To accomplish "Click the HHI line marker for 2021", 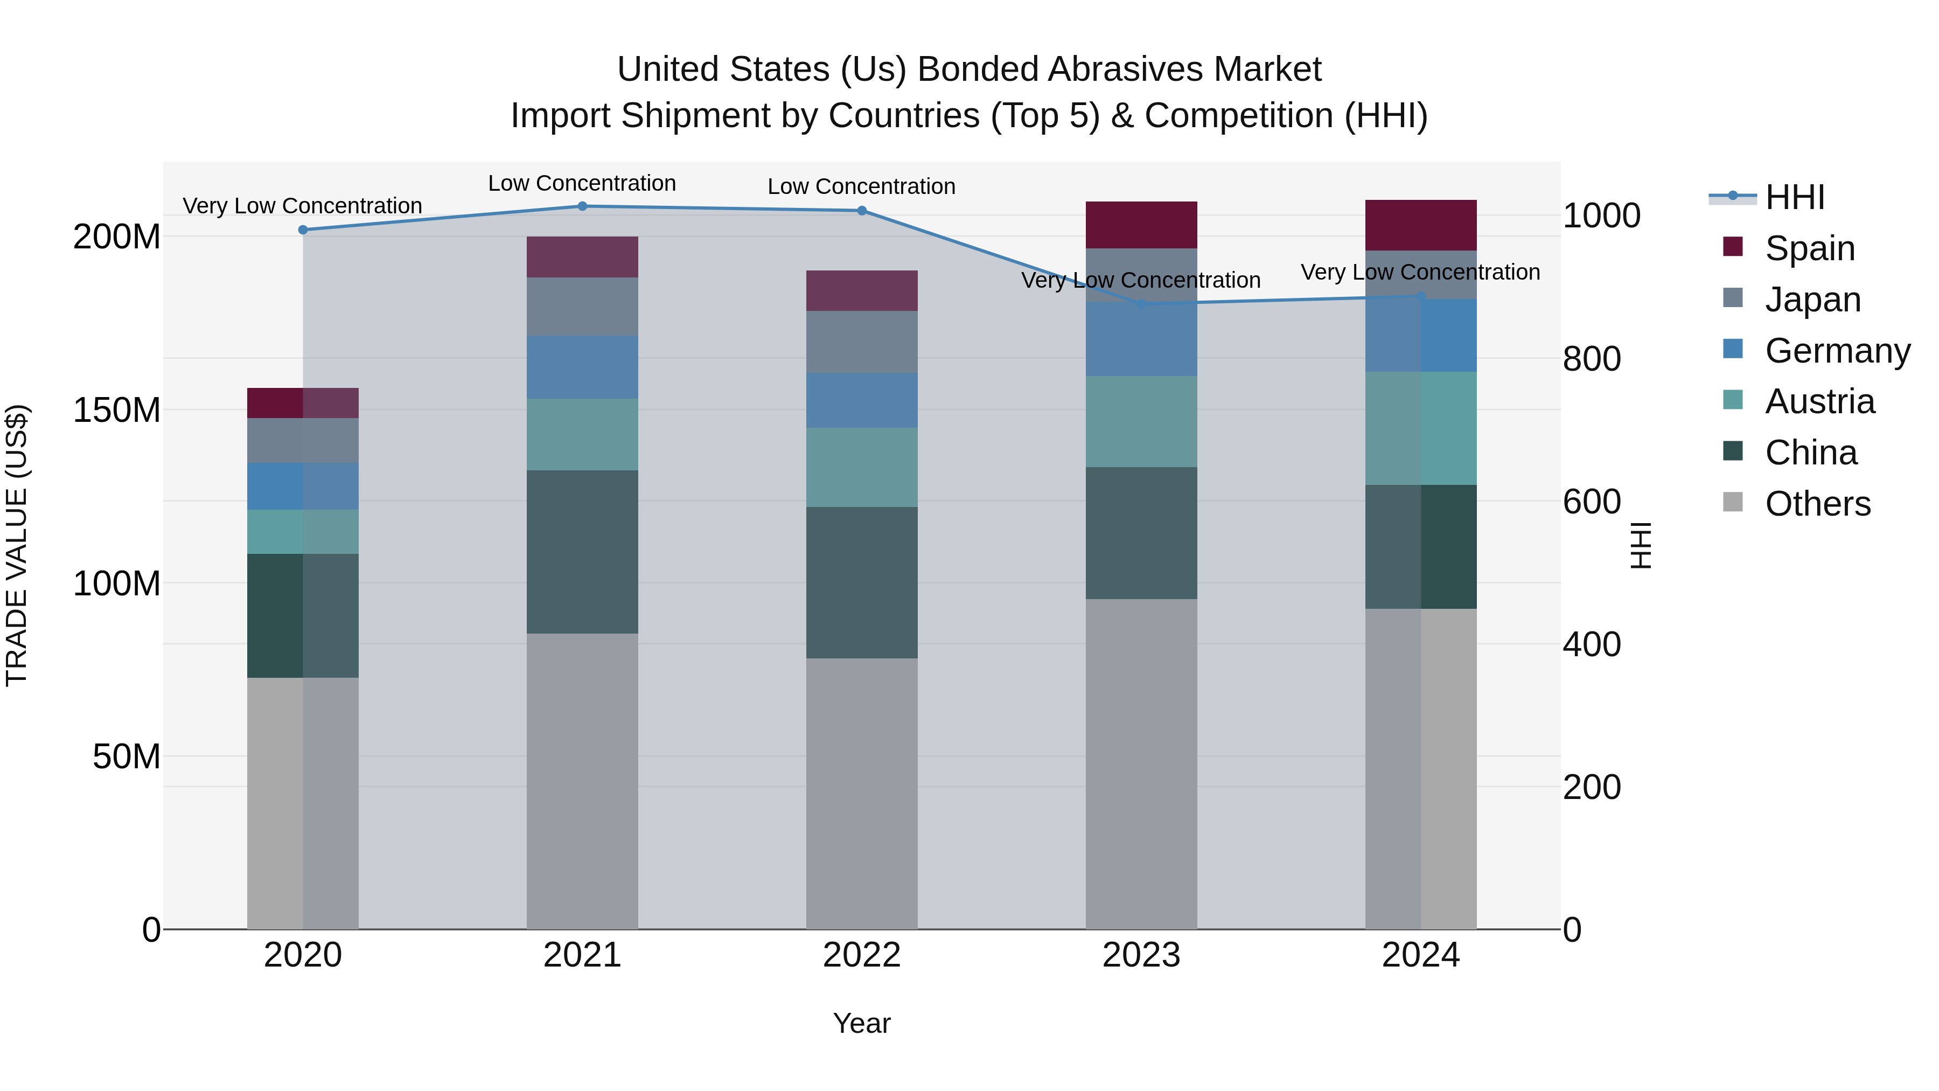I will point(582,206).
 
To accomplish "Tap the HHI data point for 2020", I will point(303,230).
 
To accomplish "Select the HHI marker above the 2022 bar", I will point(862,211).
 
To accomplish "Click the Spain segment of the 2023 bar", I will point(1141,224).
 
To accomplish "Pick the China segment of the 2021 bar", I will point(582,551).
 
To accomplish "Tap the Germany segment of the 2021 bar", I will point(582,367).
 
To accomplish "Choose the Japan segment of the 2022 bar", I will point(862,341).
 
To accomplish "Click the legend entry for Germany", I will point(1837,351).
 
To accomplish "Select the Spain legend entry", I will point(1810,248).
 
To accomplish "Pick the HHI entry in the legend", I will point(1795,197).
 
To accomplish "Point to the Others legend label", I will point(1817,504).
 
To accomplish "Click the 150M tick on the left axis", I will point(117,411).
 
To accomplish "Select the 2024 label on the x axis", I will point(1420,955).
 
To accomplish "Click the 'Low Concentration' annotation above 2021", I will point(582,183).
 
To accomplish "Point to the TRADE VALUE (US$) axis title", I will point(17,545).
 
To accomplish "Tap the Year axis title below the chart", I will point(861,1023).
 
